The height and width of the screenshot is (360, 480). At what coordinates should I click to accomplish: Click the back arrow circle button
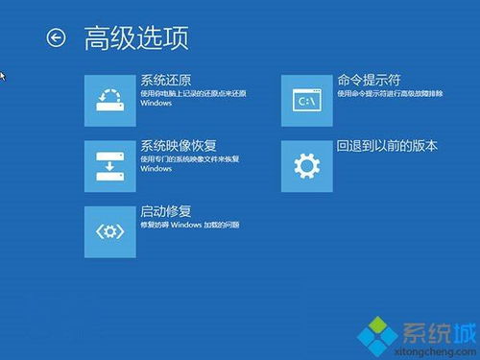pyautogui.click(x=56, y=37)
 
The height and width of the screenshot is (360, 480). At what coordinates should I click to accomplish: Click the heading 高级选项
pyautogui.click(x=135, y=37)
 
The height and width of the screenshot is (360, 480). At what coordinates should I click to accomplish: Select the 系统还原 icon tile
pyautogui.click(x=110, y=100)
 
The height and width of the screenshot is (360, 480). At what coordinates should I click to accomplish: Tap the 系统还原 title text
pyautogui.click(x=166, y=81)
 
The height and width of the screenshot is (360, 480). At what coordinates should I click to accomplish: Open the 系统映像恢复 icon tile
pyautogui.click(x=110, y=166)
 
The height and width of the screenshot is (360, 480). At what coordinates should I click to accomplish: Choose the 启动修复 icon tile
pyautogui.click(x=110, y=231)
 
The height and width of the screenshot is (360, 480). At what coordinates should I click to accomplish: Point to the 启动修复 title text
pyautogui.click(x=166, y=212)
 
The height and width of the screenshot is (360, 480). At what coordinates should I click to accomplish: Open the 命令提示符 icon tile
pyautogui.click(x=307, y=100)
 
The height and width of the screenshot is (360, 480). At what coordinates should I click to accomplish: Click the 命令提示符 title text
pyautogui.click(x=369, y=81)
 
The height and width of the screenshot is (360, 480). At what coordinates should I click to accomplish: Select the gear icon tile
pyautogui.click(x=307, y=166)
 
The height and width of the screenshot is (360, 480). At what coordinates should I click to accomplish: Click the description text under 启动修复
pyautogui.click(x=189, y=225)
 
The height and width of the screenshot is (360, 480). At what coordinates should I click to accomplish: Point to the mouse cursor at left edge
pyautogui.click(x=3, y=75)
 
